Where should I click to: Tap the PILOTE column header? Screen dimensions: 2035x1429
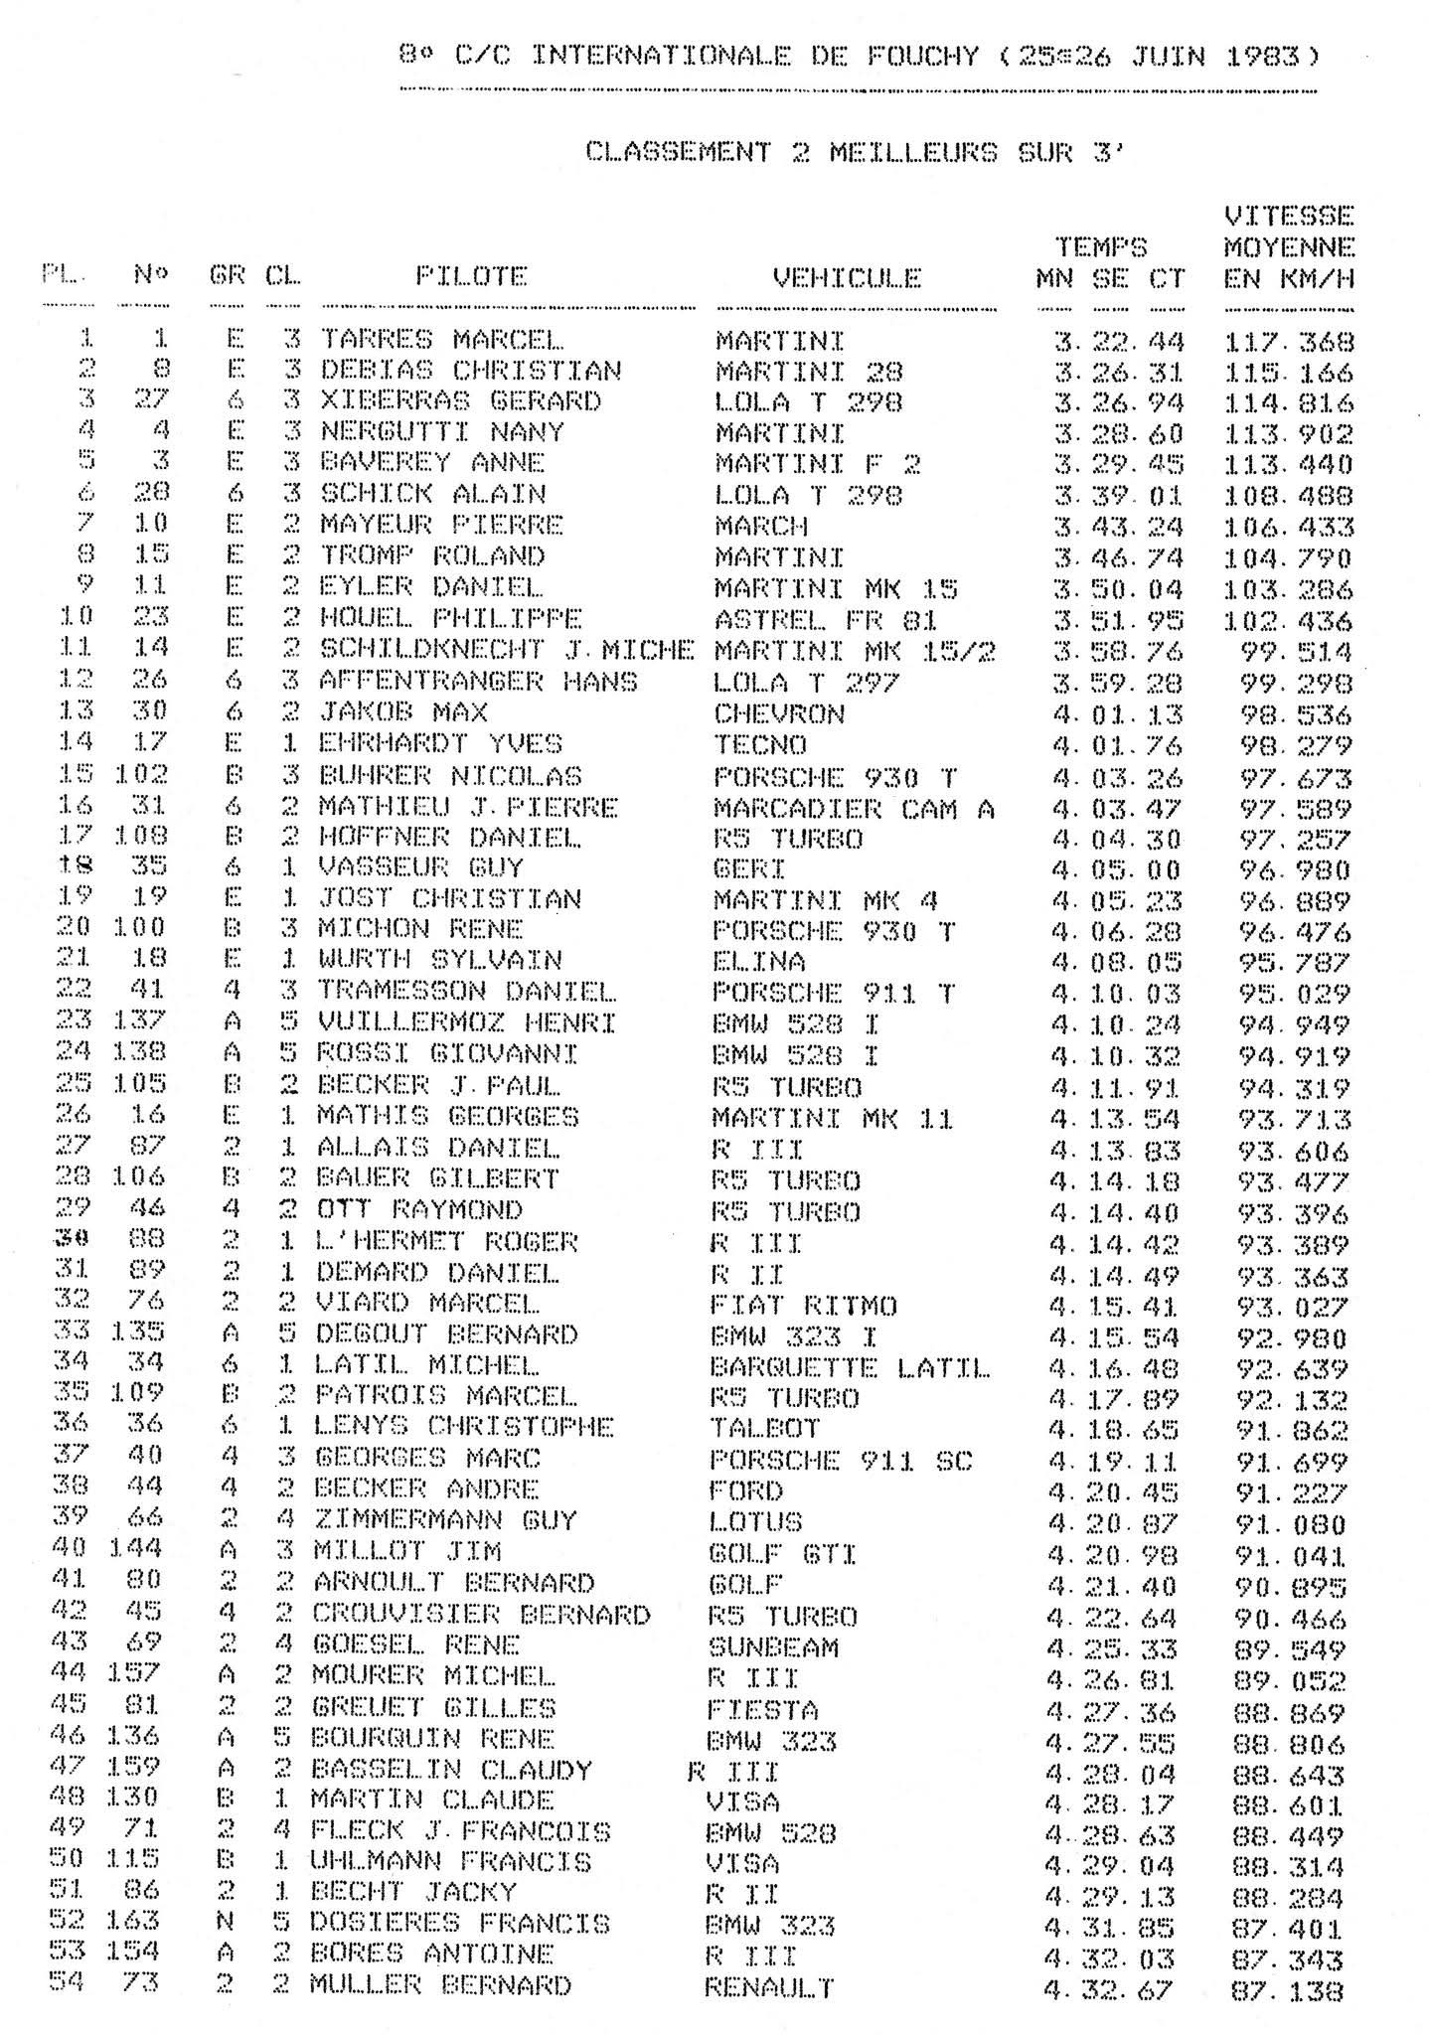[x=470, y=276]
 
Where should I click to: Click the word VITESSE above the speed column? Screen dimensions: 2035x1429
[x=1289, y=216]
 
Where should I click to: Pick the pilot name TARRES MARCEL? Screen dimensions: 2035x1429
[x=440, y=340]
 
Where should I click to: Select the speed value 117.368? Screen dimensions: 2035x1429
[x=1289, y=342]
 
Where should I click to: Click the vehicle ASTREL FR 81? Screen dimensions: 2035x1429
[x=825, y=621]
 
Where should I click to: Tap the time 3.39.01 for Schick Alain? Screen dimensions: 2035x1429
[x=1118, y=496]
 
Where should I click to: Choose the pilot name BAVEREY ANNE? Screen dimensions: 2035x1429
[x=431, y=463]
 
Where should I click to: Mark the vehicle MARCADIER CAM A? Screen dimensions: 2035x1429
[x=853, y=809]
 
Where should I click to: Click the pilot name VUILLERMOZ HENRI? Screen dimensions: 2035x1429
[x=466, y=1022]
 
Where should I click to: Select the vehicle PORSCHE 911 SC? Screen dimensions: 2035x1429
[x=841, y=1461]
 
